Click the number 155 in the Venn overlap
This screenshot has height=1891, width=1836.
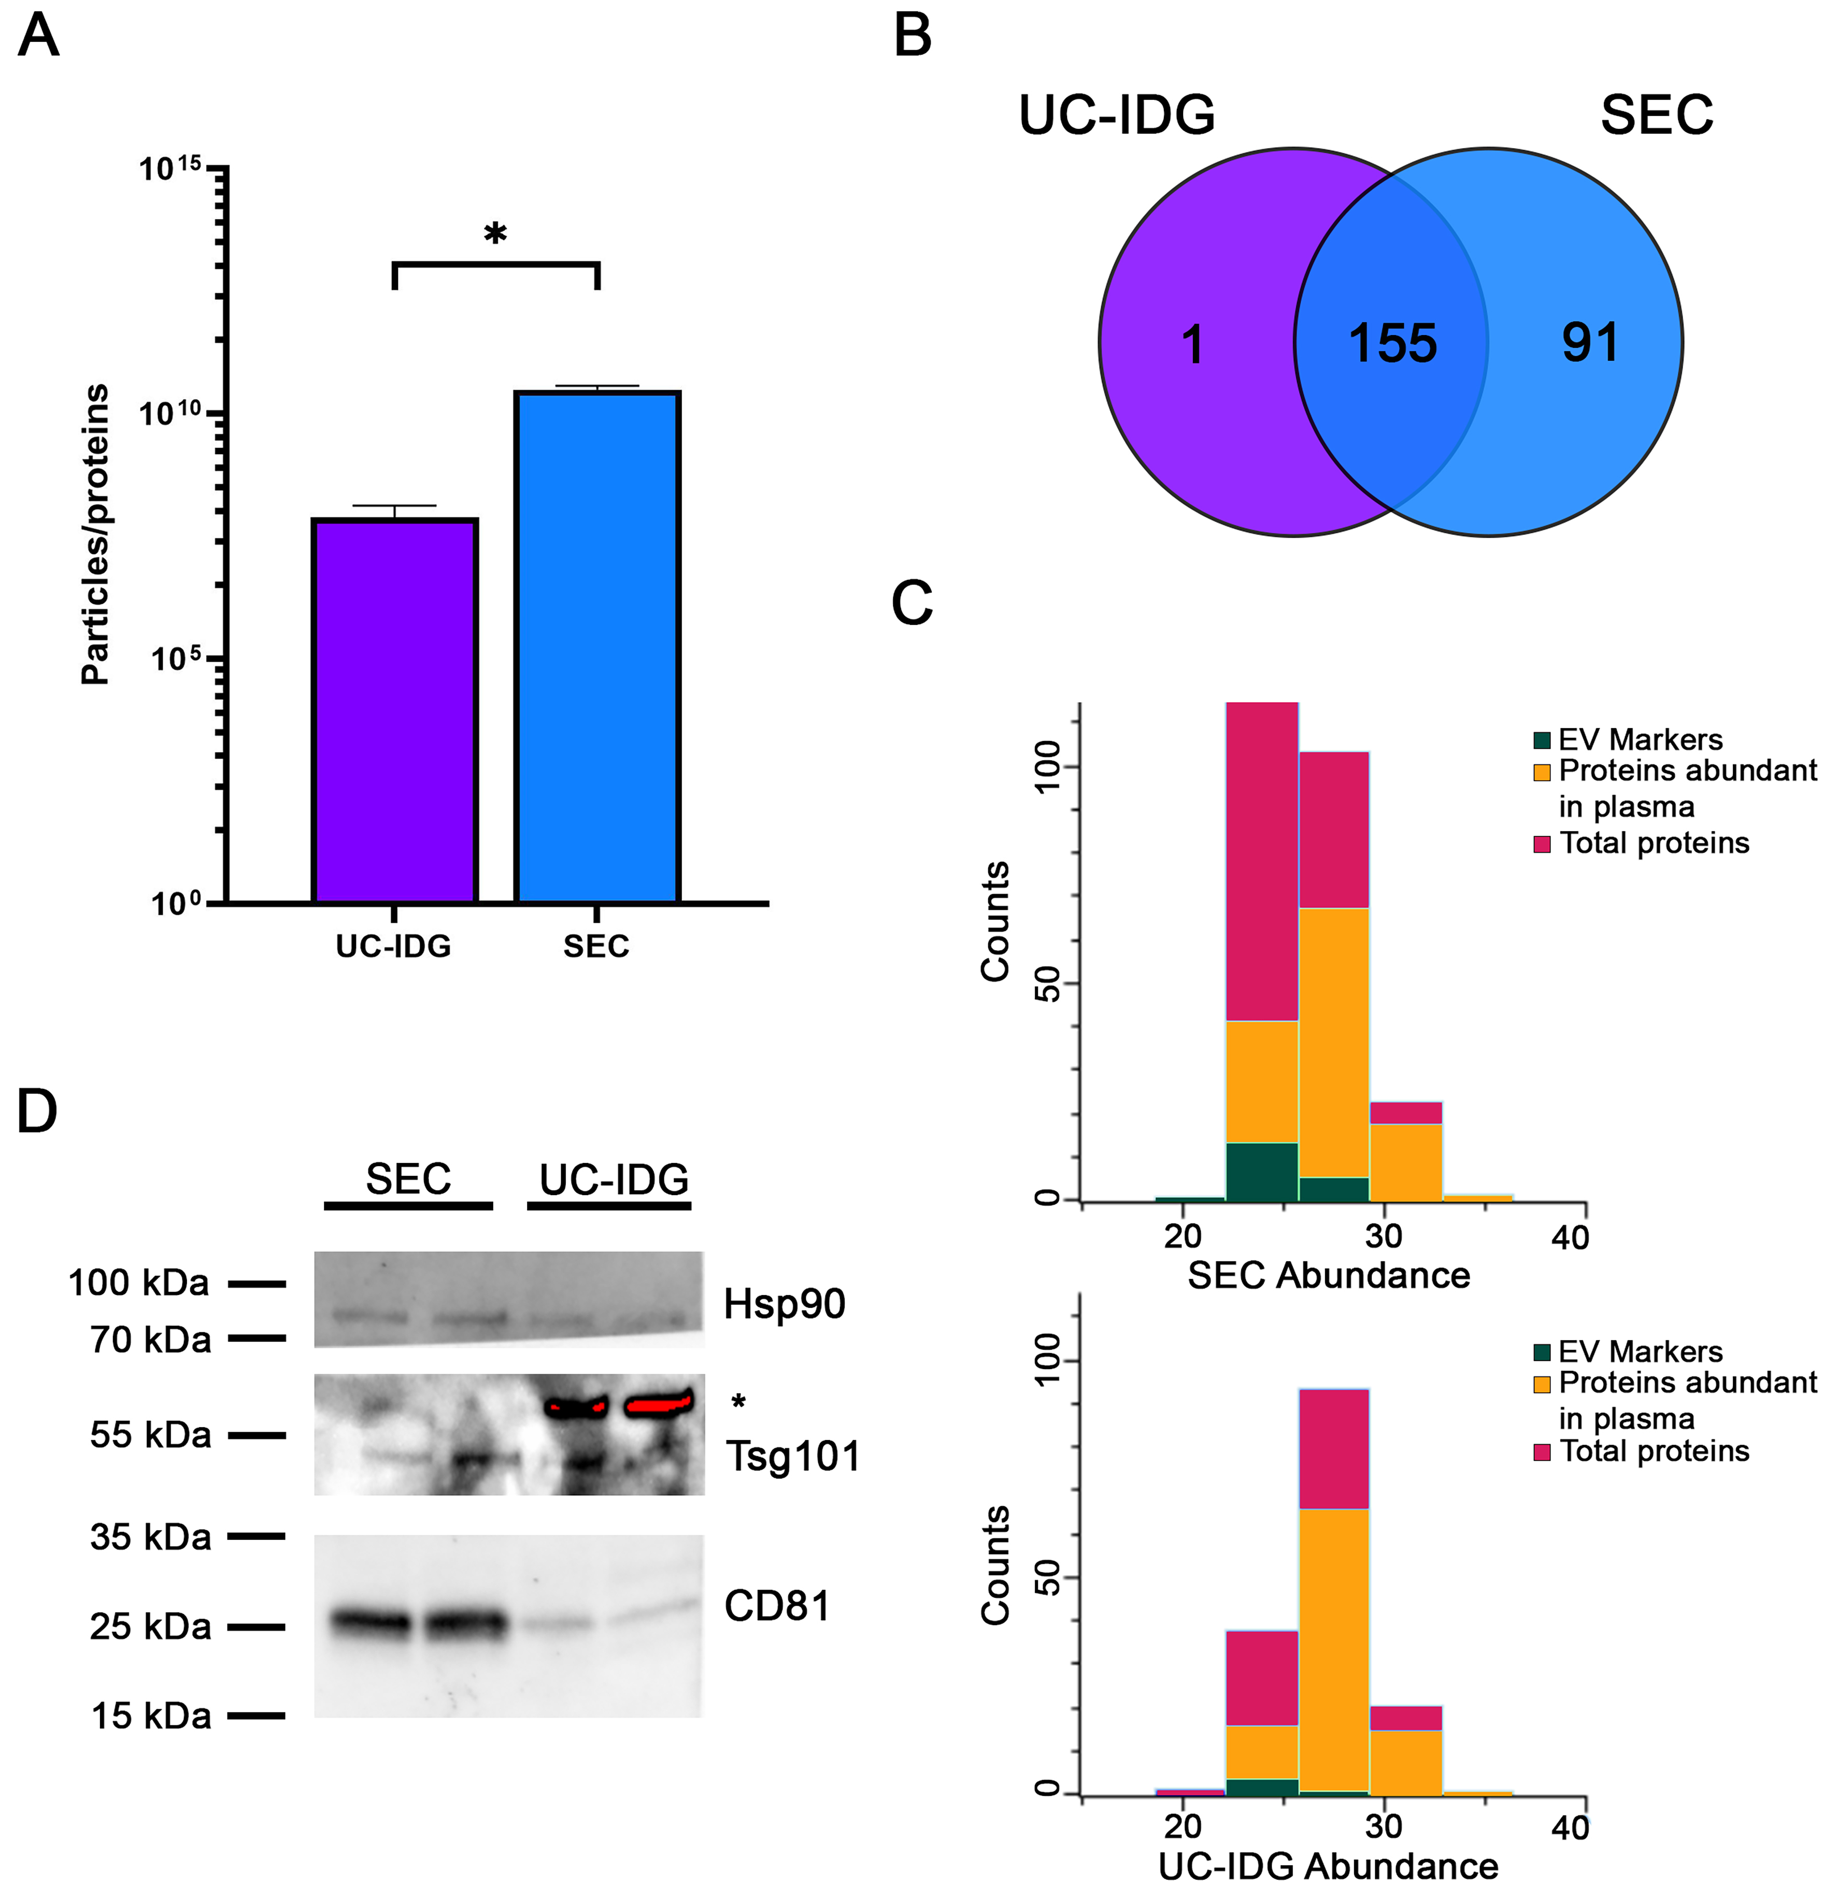pos(1392,343)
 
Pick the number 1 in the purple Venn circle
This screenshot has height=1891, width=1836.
pos(1193,345)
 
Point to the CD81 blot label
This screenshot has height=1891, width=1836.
pos(777,1605)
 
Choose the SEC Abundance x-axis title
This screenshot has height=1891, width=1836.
pos(1328,1275)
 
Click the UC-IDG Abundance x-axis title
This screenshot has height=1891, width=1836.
pos(1328,1866)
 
